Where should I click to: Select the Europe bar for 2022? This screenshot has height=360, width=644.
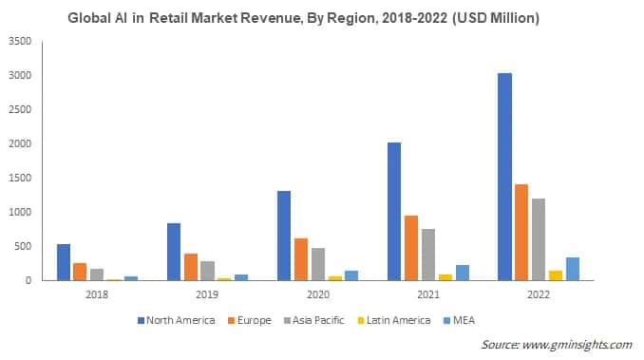[x=521, y=232]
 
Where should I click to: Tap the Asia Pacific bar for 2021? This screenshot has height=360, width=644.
[x=428, y=255]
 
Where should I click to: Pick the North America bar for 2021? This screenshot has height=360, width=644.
[x=394, y=211]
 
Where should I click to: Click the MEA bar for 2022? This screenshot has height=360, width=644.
[x=572, y=269]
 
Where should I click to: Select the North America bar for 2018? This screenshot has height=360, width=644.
[x=64, y=262]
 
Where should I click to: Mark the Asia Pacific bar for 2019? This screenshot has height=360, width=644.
[x=208, y=271]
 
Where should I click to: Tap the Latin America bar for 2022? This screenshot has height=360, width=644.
[x=556, y=275]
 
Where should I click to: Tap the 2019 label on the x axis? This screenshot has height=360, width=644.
[x=207, y=294]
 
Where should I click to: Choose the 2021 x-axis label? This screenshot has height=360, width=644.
[x=427, y=294]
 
